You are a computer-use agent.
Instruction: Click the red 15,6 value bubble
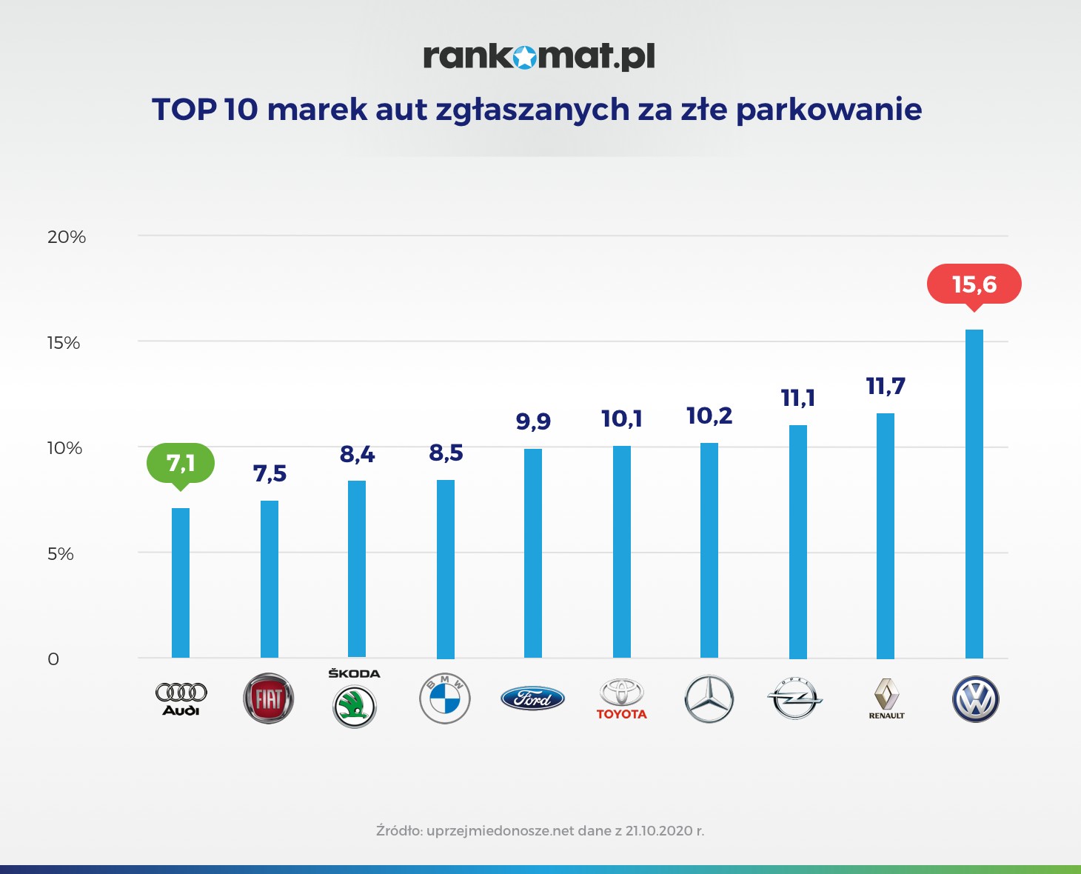pyautogui.click(x=974, y=284)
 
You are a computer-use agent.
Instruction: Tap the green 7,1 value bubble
pyautogui.click(x=181, y=464)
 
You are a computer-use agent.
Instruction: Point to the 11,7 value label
pyautogui.click(x=886, y=386)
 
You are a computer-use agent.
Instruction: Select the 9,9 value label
pyautogui.click(x=533, y=421)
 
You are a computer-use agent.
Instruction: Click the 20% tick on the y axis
pyautogui.click(x=67, y=237)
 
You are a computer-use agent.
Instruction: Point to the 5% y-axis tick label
pyautogui.click(x=61, y=554)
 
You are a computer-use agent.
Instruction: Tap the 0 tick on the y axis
pyautogui.click(x=53, y=659)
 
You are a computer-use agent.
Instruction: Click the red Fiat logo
pyautogui.click(x=269, y=698)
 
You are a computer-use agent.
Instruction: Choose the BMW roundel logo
pyautogui.click(x=445, y=698)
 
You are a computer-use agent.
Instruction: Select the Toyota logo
pyautogui.click(x=621, y=698)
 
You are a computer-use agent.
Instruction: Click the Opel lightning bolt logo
pyautogui.click(x=794, y=698)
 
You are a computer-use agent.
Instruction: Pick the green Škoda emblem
pyautogui.click(x=355, y=706)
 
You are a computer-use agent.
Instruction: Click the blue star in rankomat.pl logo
pyautogui.click(x=524, y=57)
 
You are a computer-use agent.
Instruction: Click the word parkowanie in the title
pyautogui.click(x=829, y=110)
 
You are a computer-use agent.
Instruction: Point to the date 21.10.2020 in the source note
pyautogui.click(x=658, y=830)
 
